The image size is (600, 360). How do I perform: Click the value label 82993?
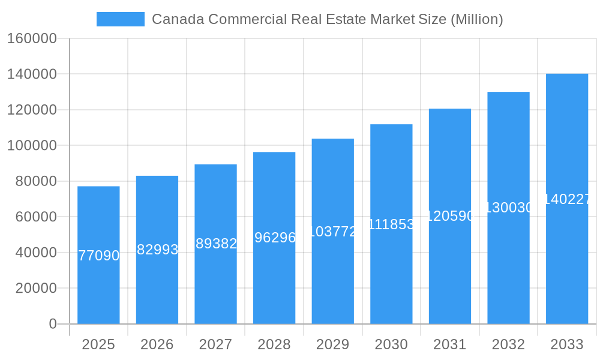tap(157, 250)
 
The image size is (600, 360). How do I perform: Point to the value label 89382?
tap(216, 243)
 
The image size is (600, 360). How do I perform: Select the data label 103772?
tap(333, 232)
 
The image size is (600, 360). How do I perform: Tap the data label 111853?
tap(391, 224)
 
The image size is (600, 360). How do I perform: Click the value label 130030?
tap(508, 208)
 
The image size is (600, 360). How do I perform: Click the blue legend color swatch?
tap(120, 19)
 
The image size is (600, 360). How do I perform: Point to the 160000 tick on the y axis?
tap(32, 39)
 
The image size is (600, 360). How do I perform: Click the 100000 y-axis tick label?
tap(32, 146)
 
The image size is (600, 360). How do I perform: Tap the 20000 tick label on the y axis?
tap(36, 288)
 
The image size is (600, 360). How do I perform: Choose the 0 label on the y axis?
tap(53, 324)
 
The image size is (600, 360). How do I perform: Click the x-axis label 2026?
tap(157, 344)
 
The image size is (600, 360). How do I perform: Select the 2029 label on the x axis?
tap(333, 344)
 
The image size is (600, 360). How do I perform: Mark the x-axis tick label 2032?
tap(508, 344)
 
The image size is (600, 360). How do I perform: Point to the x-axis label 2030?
tap(391, 344)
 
